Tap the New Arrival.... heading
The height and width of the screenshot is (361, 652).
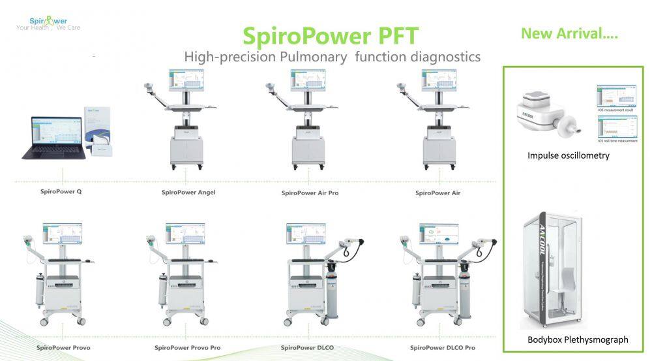click(x=569, y=33)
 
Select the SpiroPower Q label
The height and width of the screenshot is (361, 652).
click(x=61, y=192)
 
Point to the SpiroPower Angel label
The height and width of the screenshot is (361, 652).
click(x=188, y=193)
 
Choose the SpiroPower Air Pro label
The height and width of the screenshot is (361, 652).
click(x=310, y=193)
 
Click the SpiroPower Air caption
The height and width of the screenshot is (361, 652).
click(x=437, y=193)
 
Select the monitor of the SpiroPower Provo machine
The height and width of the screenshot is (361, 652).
click(x=63, y=234)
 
